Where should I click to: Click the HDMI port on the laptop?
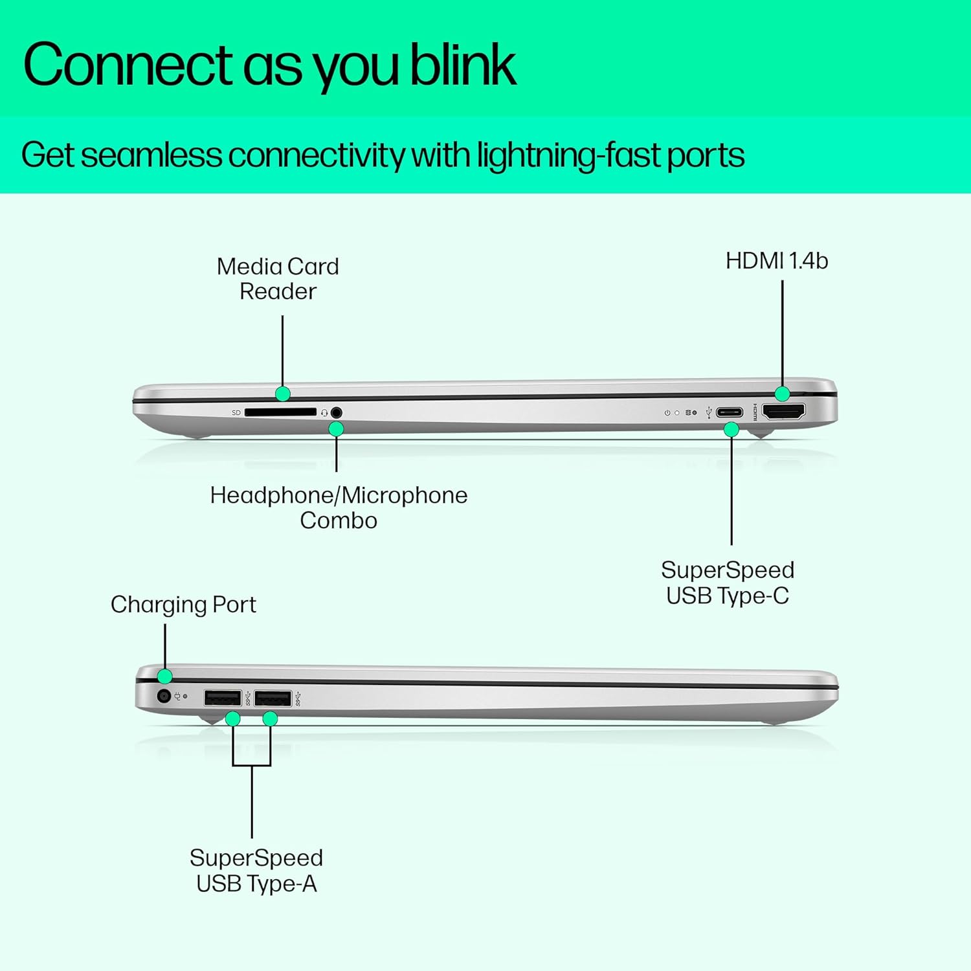pos(784,411)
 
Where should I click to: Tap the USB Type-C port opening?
pos(730,412)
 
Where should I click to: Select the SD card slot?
pos(280,412)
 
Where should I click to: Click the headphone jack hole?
pos(336,412)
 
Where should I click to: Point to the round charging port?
pos(164,696)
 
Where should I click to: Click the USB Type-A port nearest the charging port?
pos(222,698)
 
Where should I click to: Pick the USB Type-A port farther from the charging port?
pos(273,698)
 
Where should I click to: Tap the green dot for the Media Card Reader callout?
pos(282,394)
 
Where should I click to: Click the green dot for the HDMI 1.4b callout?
pos(782,394)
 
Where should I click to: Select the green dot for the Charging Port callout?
pos(165,676)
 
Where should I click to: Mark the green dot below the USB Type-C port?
pos(731,429)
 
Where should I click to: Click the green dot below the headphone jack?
pos(336,429)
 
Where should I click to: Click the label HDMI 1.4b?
pos(776,261)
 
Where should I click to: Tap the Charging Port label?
pos(183,605)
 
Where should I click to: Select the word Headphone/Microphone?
pos(339,496)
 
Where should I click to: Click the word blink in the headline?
pos(463,65)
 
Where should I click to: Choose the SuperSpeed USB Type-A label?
pos(256,871)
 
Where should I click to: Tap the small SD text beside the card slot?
pos(236,413)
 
